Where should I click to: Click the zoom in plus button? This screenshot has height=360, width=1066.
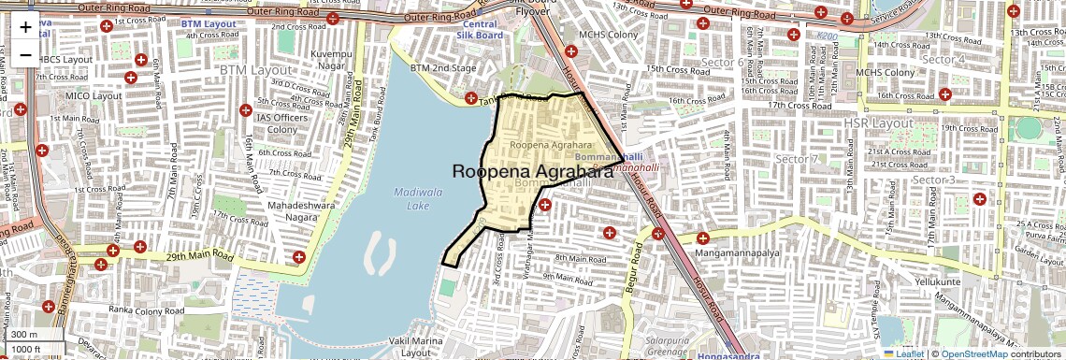tap(25, 27)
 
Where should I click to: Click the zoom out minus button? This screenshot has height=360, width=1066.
tap(25, 55)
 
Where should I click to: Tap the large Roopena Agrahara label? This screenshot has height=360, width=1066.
tap(540, 171)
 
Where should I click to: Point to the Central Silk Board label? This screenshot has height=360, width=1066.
tap(480, 29)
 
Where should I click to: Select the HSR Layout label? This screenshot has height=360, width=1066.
tap(877, 122)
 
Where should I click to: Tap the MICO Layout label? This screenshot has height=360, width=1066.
tap(94, 95)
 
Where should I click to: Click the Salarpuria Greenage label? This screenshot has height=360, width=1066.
tap(654, 347)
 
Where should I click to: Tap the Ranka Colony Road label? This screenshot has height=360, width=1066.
tap(151, 309)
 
